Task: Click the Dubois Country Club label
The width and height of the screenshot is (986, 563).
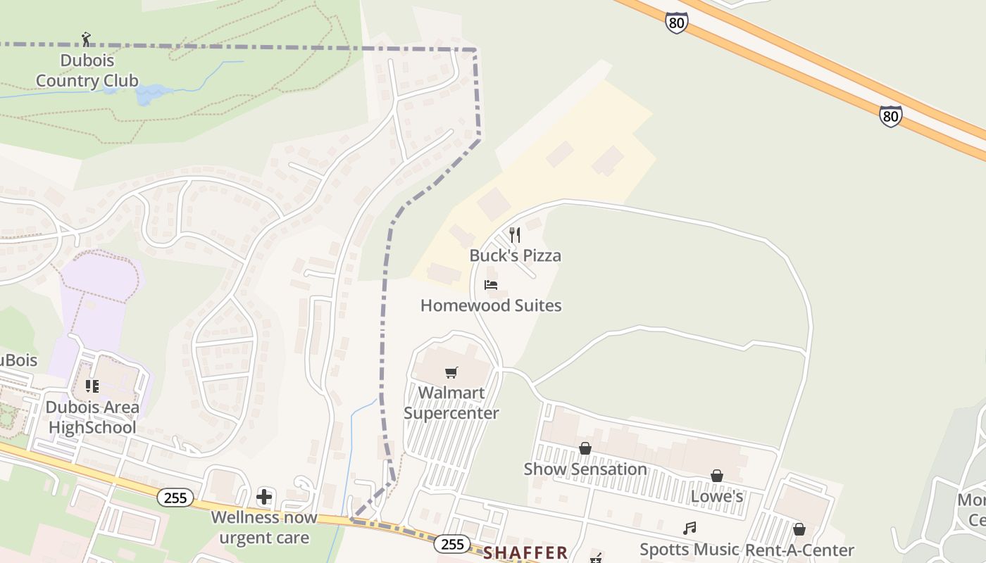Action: tap(87, 70)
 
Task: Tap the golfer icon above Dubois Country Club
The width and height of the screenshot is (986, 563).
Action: tap(86, 39)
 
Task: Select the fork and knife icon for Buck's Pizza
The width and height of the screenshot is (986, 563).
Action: tap(515, 235)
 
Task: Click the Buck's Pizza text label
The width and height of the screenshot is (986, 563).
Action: tap(515, 255)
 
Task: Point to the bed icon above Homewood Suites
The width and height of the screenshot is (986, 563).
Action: tap(491, 285)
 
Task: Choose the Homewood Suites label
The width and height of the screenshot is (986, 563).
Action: tap(491, 305)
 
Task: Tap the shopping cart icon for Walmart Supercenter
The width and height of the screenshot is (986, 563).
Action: tap(451, 372)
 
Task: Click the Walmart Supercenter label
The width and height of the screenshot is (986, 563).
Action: tap(451, 403)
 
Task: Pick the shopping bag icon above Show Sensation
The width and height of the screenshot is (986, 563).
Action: tap(585, 448)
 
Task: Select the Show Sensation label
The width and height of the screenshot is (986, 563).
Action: tap(585, 469)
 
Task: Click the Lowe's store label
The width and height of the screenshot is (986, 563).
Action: tap(717, 497)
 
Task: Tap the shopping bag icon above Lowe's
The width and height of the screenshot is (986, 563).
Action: tap(717, 476)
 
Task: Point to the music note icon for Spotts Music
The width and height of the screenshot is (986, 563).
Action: tap(689, 528)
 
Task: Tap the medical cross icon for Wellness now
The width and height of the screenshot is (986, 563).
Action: tap(264, 498)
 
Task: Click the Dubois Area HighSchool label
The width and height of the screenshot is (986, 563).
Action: tap(92, 417)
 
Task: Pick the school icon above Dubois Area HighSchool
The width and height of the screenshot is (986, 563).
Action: tap(92, 386)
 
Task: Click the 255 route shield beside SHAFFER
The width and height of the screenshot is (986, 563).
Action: tap(452, 544)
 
